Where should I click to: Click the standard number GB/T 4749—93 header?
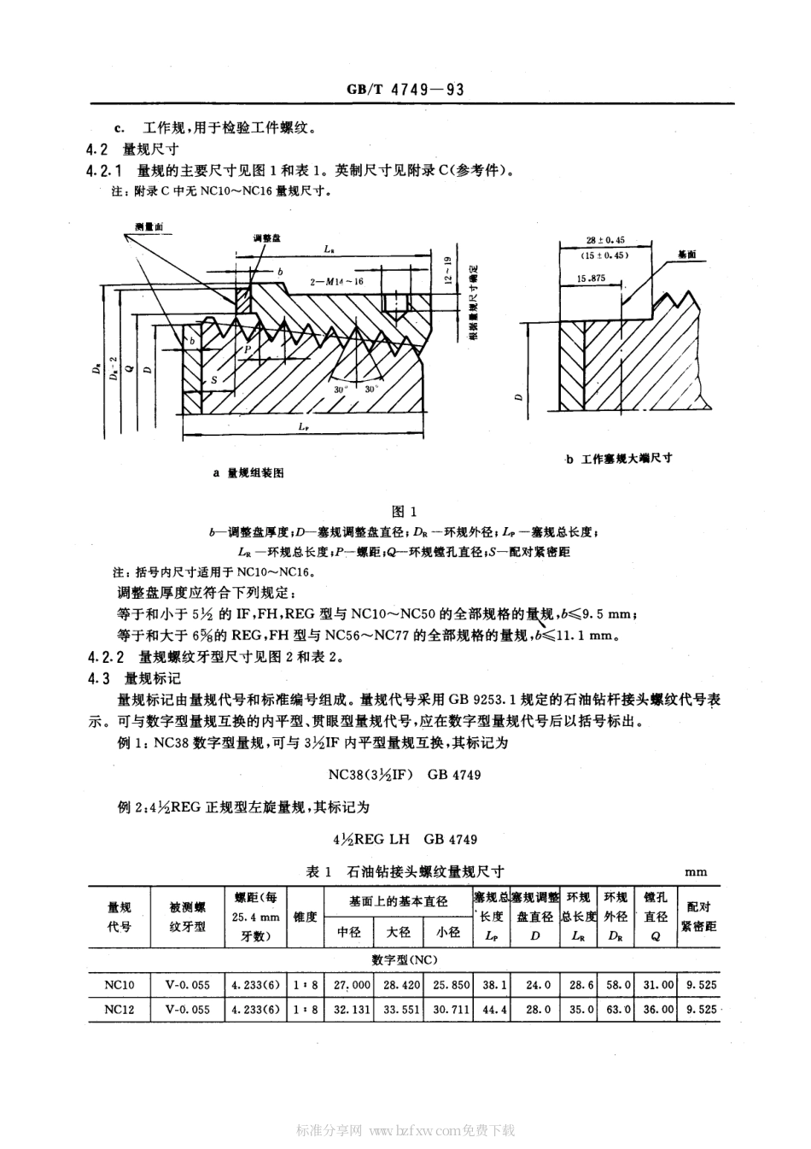[x=405, y=90]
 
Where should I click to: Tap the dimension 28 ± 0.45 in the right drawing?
[x=605, y=240]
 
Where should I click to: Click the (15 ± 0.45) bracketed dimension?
[x=605, y=255]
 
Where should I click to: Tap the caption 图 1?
[x=403, y=512]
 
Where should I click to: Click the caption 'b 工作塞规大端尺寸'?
[x=618, y=458]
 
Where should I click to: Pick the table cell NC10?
[x=119, y=985]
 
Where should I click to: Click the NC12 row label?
[x=119, y=1009]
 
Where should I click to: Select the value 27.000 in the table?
[x=352, y=985]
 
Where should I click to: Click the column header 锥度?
[x=305, y=917]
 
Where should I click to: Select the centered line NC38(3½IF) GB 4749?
[x=405, y=775]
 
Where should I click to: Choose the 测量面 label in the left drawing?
[x=149, y=226]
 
